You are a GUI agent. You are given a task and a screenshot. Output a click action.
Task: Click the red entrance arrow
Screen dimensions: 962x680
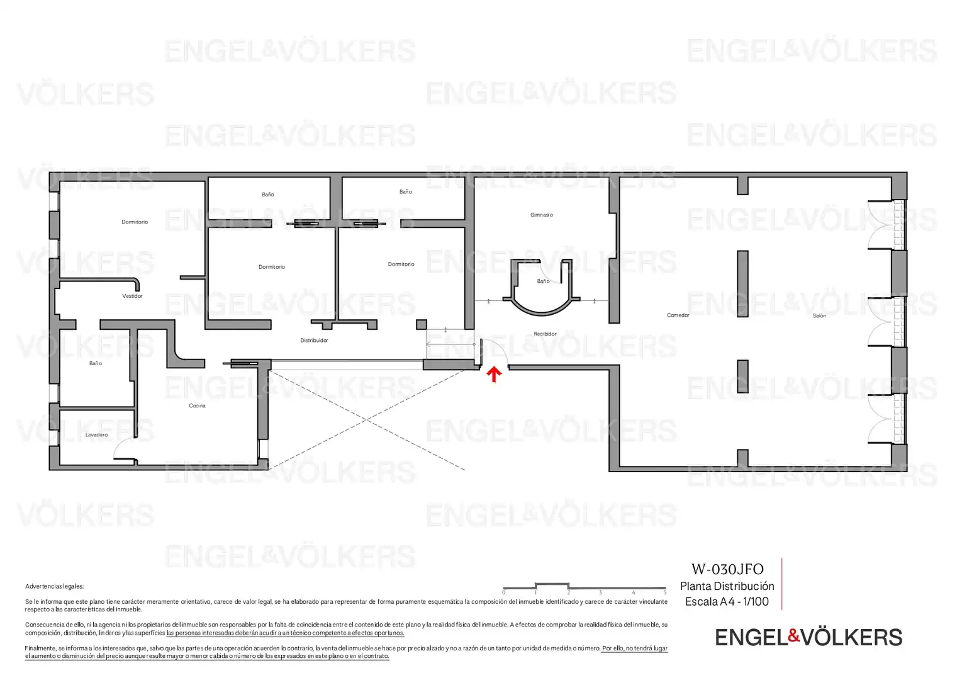point(494,374)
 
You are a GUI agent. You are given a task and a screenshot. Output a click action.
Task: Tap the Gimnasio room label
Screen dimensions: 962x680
point(542,215)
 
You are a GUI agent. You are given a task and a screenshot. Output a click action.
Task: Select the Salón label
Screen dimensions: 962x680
point(819,315)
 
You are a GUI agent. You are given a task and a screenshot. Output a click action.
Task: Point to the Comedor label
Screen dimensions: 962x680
point(678,315)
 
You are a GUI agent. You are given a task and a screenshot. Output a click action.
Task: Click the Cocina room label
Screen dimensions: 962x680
point(197,405)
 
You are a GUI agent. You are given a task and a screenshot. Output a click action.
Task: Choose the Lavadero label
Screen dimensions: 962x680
point(97,434)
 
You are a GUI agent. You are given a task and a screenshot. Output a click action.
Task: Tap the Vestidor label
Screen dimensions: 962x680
point(132,296)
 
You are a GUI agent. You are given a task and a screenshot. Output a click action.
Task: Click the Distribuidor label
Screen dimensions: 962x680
point(314,341)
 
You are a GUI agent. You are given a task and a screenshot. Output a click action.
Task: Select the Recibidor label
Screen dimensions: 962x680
point(545,334)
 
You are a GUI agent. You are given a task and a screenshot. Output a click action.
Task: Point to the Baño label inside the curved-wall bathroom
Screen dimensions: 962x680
point(543,281)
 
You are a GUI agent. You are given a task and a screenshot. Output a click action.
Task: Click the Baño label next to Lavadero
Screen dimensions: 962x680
point(96,363)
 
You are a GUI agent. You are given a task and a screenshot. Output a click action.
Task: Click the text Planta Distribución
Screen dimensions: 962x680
point(727,586)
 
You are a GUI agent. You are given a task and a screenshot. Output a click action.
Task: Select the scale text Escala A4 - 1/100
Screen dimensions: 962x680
point(727,601)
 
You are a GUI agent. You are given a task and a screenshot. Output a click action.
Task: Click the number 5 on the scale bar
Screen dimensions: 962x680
point(665,592)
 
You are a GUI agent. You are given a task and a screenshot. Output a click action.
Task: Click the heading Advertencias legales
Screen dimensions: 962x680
point(55,586)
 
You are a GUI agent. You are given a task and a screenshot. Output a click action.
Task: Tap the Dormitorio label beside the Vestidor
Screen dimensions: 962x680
point(135,222)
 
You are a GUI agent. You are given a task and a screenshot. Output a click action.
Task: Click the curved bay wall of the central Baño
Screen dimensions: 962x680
point(542,312)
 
